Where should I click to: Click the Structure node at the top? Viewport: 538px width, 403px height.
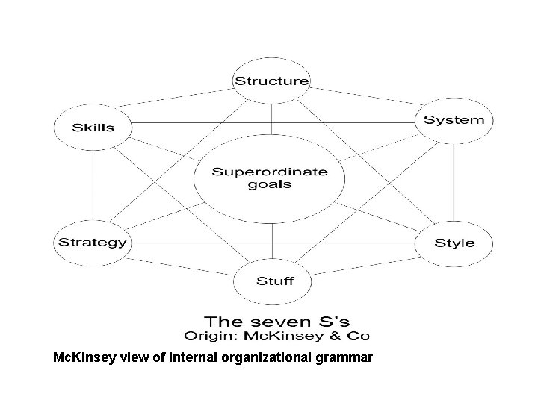[x=272, y=81]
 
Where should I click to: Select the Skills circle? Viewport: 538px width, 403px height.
[x=93, y=127]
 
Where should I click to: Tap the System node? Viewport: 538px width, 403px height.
[x=454, y=120]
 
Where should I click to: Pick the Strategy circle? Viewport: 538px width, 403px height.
[x=93, y=242]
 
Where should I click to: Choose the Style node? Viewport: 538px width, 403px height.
[x=454, y=243]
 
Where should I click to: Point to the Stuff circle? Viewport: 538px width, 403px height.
[x=274, y=281]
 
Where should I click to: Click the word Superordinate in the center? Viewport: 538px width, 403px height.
[x=270, y=171]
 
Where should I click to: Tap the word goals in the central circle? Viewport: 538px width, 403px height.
[x=270, y=184]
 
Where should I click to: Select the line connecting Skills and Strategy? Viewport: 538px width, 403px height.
[x=93, y=182]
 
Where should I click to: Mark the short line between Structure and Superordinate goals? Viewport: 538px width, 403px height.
[x=272, y=119]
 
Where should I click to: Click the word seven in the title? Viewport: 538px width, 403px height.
[x=276, y=322]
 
